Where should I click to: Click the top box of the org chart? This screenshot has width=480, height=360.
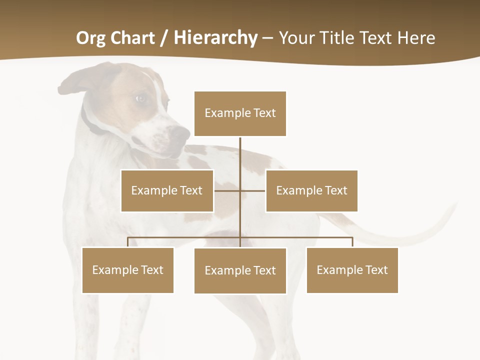240,113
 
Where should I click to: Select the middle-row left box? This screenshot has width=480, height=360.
167,190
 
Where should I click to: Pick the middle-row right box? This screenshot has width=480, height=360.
311,190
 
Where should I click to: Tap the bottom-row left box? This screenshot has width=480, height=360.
127,270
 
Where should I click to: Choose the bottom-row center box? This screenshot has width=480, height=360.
240,270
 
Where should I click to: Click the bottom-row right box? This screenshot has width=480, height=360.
352,270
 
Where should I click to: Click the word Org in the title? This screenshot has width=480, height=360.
90,38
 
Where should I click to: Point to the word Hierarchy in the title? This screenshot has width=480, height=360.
215,38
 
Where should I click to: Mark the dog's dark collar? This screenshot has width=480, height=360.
90,122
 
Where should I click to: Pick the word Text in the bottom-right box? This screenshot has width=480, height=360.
376,270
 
